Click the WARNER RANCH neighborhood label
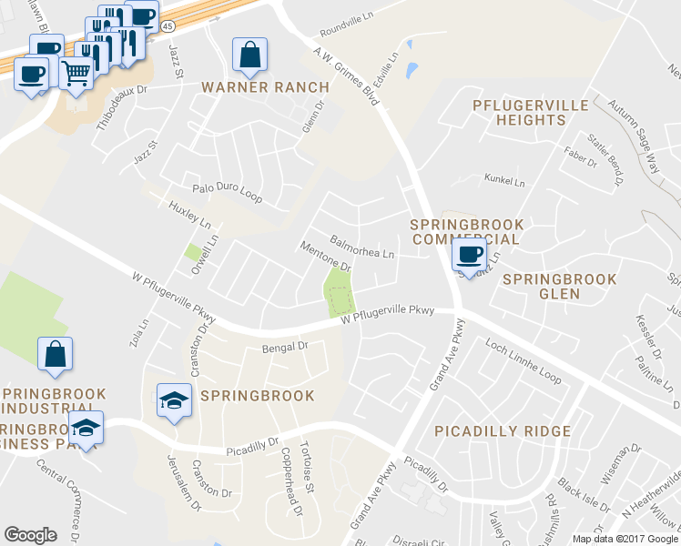pos(265,87)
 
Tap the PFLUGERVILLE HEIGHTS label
pos(531,112)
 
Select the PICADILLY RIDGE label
pos(503,430)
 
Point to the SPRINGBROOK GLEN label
pos(559,287)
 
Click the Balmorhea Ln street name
pos(361,247)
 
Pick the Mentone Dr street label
pos(325,257)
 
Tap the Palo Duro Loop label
pos(227,191)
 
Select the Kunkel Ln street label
pos(505,182)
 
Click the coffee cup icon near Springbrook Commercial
pos(469,255)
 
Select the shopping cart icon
pos(76,71)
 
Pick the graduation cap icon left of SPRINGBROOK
pos(174,399)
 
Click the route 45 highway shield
pos(170,27)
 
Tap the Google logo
pos(31,535)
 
